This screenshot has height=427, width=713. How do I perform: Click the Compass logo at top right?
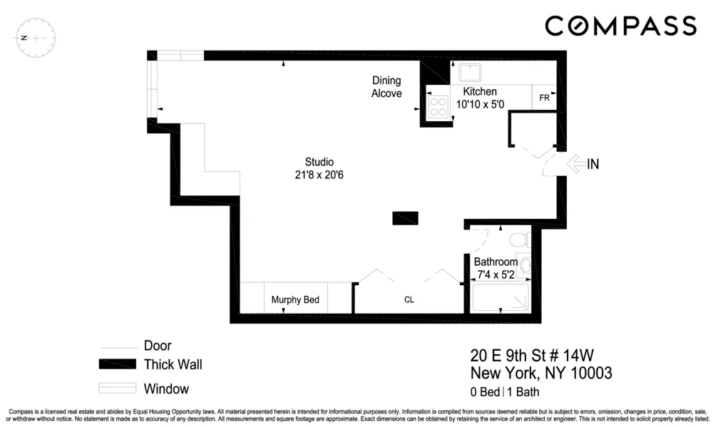coord(620,26)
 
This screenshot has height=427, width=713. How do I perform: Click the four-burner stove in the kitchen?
coord(436,106)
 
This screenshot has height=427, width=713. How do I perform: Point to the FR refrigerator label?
coord(543,98)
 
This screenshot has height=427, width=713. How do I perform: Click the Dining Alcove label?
coord(386,87)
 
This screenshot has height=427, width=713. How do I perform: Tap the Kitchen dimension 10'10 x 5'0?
coord(480,104)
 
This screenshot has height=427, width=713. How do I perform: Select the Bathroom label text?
coord(496,262)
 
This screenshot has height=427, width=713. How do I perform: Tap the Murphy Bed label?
coord(295,300)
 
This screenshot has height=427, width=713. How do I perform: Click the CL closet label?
coord(409,300)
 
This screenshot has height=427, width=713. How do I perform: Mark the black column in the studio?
coord(405,218)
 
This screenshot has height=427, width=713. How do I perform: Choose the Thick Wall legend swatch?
coord(117,365)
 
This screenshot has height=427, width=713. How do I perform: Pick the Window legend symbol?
coord(117,389)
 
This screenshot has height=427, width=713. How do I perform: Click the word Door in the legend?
coord(158,346)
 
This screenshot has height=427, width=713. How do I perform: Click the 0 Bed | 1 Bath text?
coord(503,391)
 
